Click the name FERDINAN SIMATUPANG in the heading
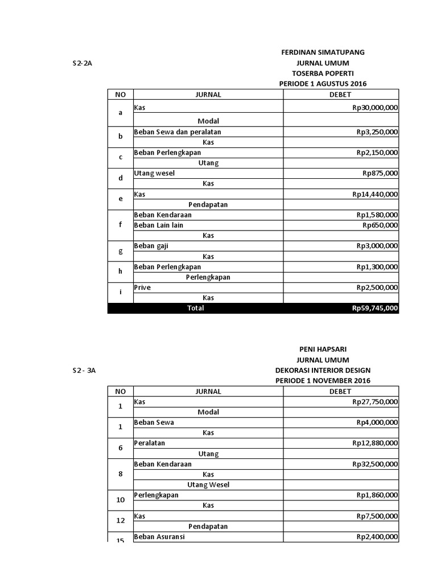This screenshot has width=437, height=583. point(323,52)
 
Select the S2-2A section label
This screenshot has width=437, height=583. point(82,63)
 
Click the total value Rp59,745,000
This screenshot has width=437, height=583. point(375,309)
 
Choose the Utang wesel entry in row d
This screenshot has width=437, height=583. point(155,173)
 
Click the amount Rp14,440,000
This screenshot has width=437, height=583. point(375,195)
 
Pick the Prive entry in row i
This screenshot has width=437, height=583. point(142,288)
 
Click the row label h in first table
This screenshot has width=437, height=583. point(120,272)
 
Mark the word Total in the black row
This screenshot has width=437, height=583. point(195,309)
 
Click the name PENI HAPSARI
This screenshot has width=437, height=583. point(323,349)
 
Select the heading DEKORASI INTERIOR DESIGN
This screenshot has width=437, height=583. point(323,370)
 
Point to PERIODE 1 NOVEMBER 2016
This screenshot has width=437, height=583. point(323,380)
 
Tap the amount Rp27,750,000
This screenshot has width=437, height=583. point(375,402)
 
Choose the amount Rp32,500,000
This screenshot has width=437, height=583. point(375,464)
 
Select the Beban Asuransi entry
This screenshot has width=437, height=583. point(159,536)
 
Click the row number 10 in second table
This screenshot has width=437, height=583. point(120,500)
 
